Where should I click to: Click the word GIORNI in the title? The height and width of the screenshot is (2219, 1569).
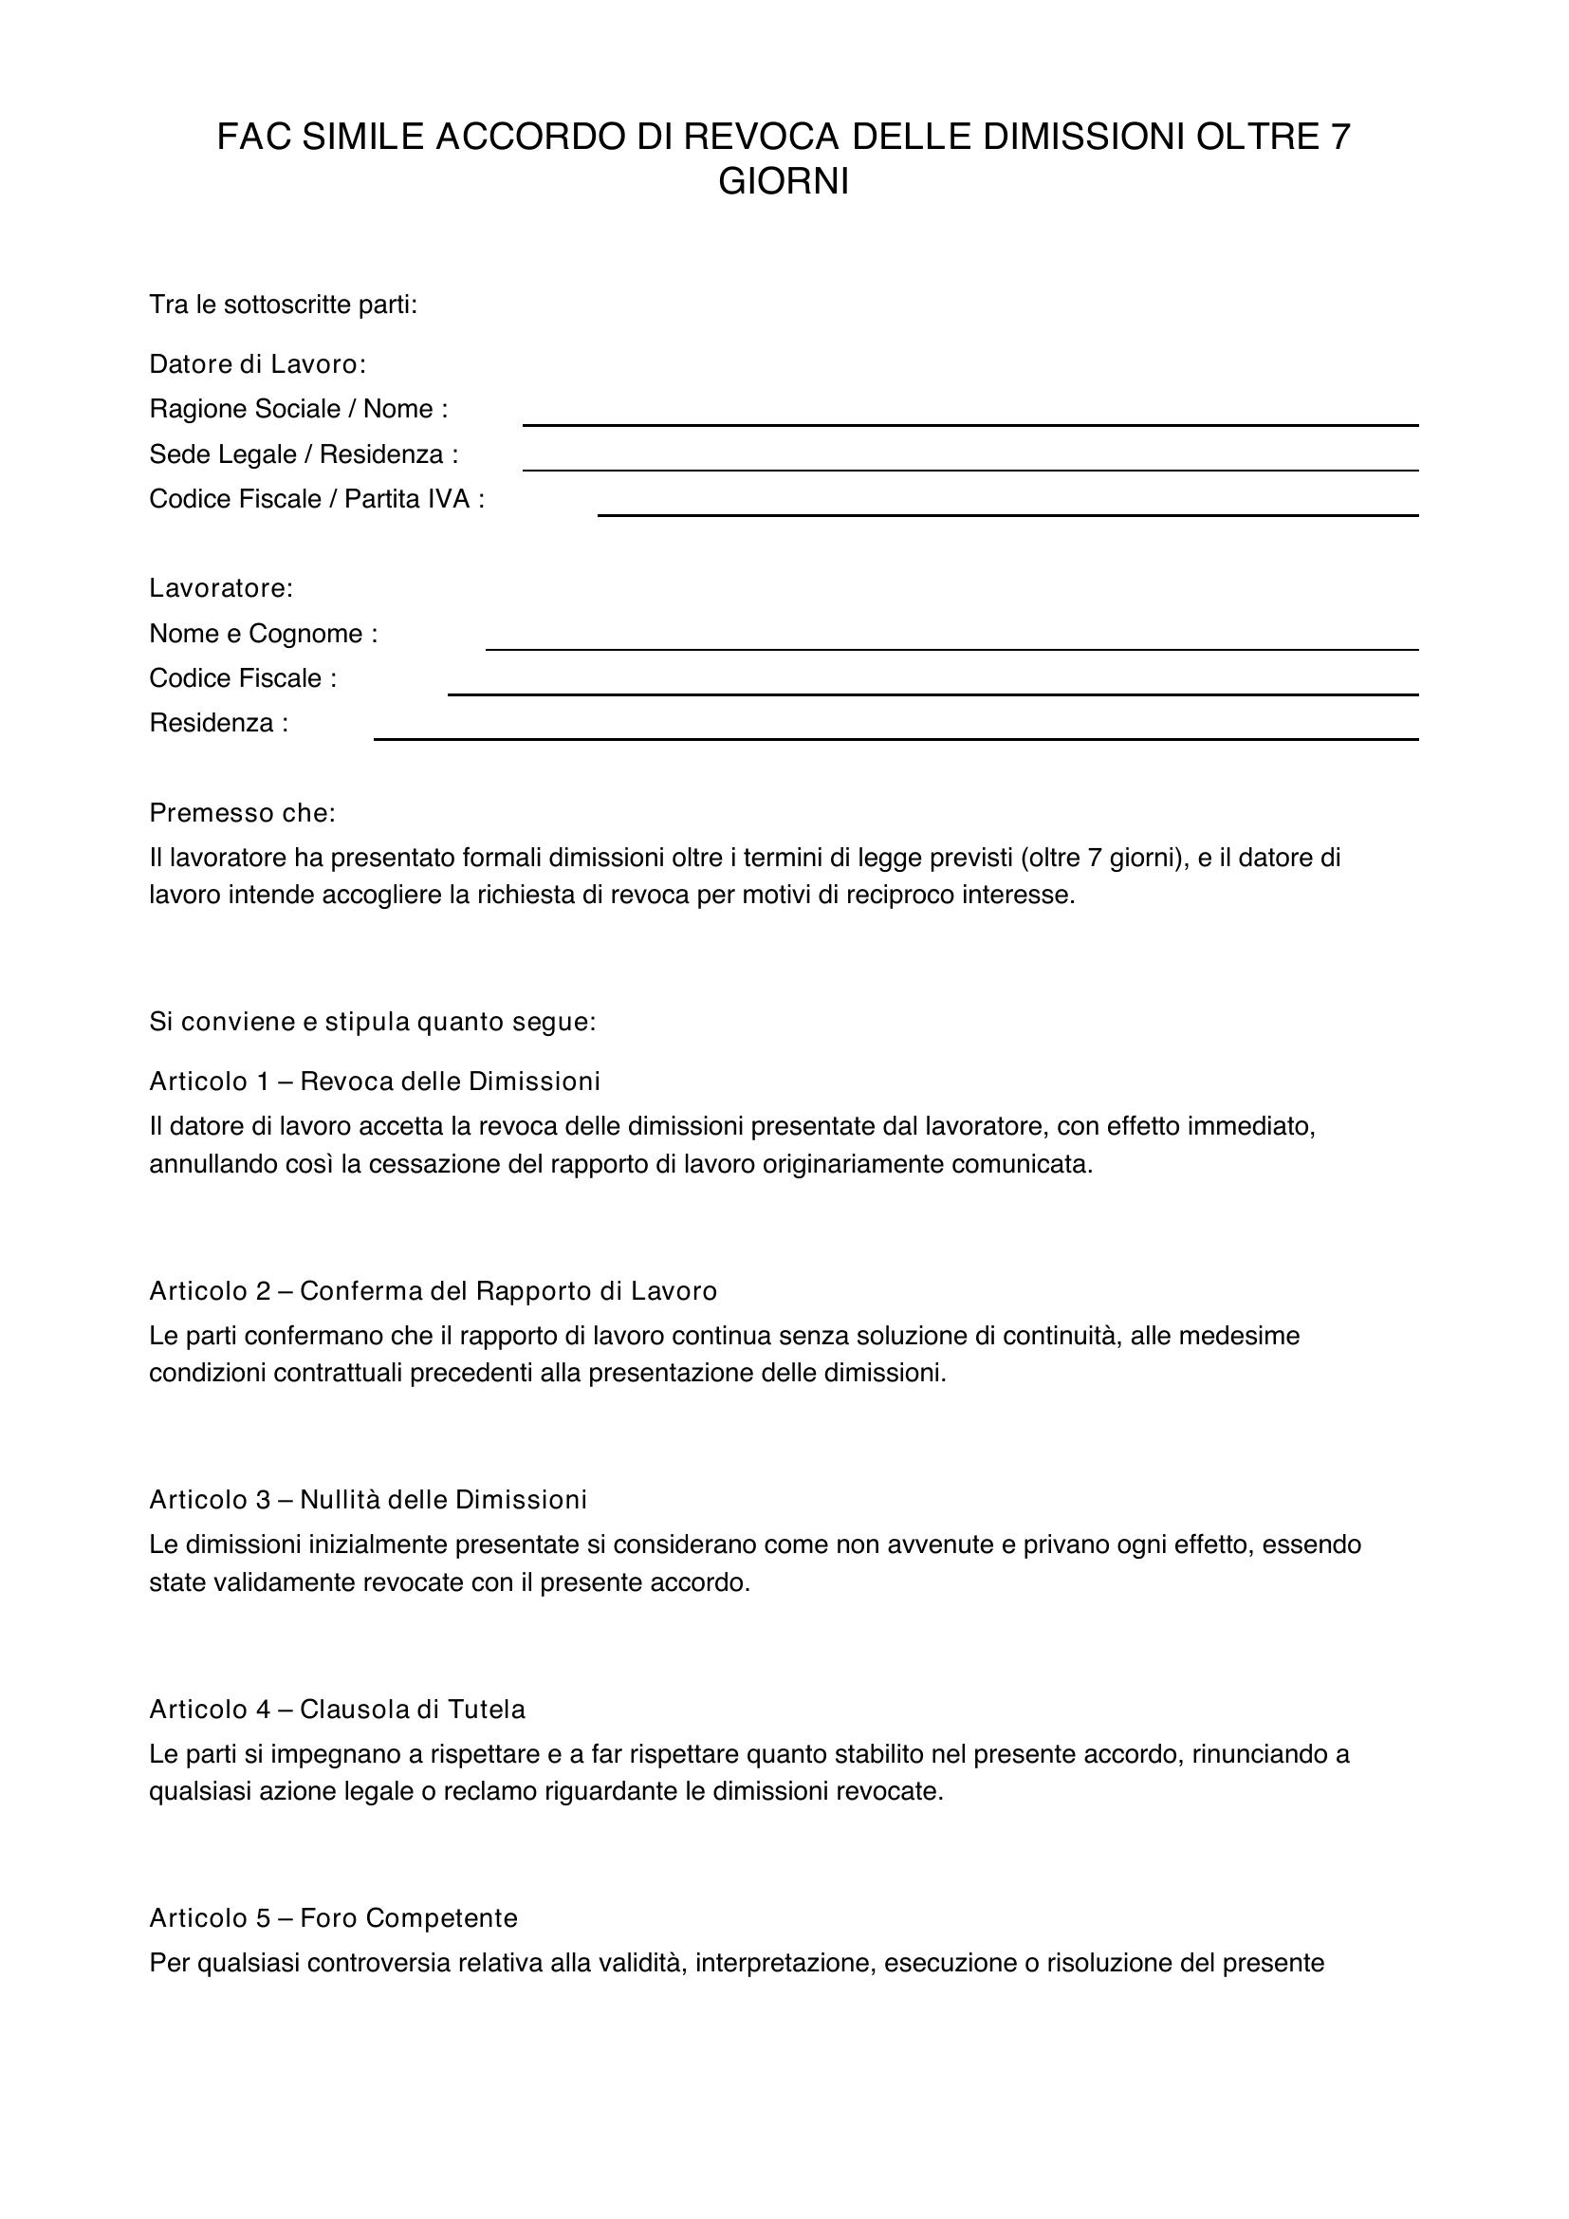784,182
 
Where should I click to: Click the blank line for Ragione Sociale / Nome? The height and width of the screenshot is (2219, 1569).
970,423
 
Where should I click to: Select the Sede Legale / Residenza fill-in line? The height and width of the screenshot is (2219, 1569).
970,469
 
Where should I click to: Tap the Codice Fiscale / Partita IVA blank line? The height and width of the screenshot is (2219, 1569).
1007,514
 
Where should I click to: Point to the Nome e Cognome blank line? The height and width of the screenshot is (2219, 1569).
951,649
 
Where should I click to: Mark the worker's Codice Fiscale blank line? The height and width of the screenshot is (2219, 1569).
932,693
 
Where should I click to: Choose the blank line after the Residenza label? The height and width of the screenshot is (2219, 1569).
895,738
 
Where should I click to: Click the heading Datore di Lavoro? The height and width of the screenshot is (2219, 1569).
258,364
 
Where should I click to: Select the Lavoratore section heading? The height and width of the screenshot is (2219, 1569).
221,587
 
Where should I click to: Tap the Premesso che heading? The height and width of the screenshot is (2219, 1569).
243,813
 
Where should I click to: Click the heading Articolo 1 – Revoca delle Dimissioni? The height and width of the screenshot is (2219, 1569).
375,1081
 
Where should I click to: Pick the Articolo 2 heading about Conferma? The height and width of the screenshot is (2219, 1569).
433,1290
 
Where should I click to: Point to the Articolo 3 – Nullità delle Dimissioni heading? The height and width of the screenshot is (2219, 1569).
368,1499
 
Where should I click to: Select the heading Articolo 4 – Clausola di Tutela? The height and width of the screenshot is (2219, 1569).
337,1710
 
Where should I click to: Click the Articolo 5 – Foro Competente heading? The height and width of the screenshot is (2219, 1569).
333,1918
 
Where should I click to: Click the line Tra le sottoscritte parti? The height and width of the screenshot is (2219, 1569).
283,305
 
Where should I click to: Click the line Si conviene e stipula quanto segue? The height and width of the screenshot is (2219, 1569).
373,1022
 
